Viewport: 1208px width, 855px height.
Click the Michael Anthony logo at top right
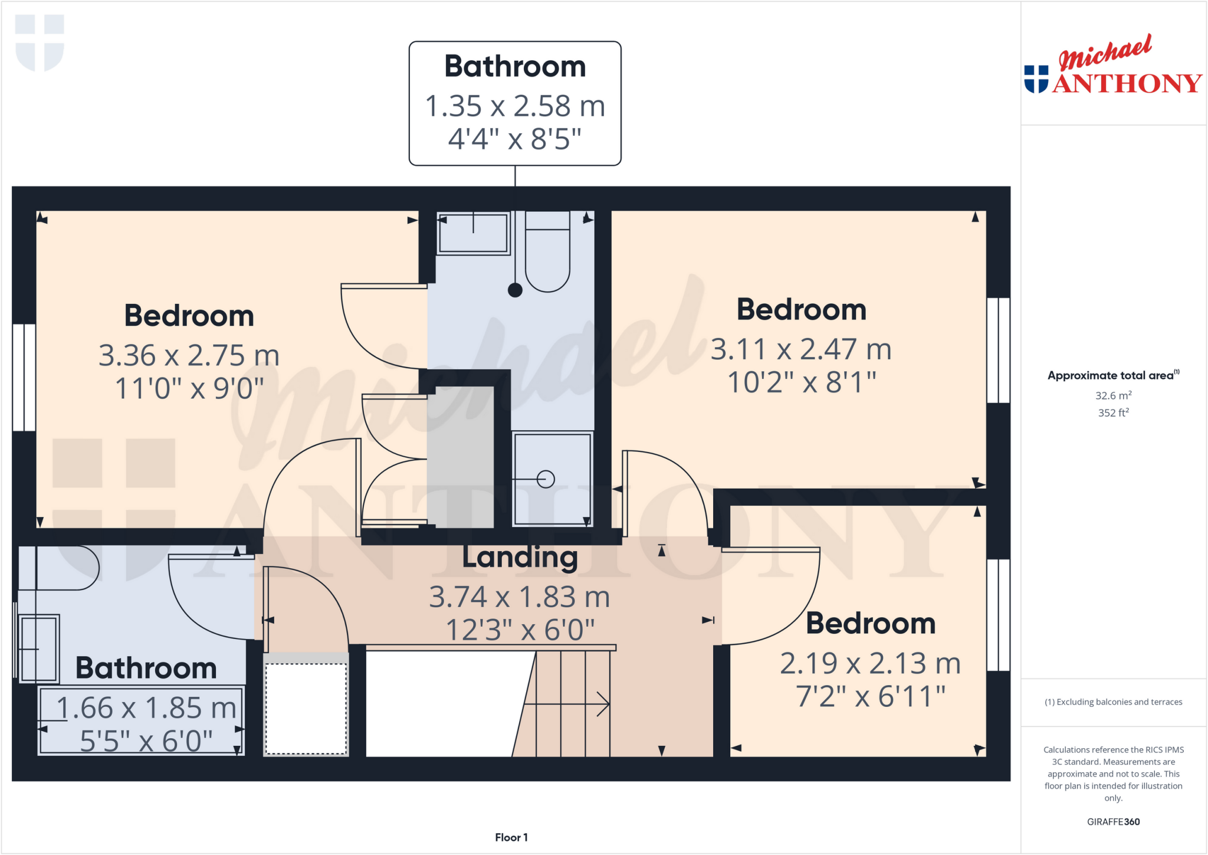pyautogui.click(x=1112, y=66)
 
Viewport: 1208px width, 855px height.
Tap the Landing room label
pyautogui.click(x=520, y=558)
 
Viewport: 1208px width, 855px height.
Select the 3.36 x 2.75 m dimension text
pyautogui.click(x=189, y=355)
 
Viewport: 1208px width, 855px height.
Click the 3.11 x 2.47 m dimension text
pyautogui.click(x=801, y=349)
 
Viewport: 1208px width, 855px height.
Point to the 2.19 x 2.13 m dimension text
pyautogui.click(x=870, y=663)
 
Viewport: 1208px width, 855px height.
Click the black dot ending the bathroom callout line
pyautogui.click(x=515, y=290)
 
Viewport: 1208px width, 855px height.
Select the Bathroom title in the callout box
pyautogui.click(x=515, y=66)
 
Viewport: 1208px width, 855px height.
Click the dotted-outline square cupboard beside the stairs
pyautogui.click(x=306, y=708)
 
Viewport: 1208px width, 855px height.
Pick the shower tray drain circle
pyautogui.click(x=546, y=479)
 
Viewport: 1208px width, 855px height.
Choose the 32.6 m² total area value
pyautogui.click(x=1113, y=395)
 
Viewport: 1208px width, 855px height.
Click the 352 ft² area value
pyautogui.click(x=1113, y=412)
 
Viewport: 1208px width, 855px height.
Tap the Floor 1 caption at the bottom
pyautogui.click(x=511, y=837)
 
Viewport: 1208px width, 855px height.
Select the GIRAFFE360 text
pyautogui.click(x=1113, y=821)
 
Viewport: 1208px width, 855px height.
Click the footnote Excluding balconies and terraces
pyautogui.click(x=1113, y=702)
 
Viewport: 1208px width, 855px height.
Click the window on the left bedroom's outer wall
pyautogui.click(x=24, y=377)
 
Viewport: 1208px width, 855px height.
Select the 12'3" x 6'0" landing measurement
pyautogui.click(x=520, y=630)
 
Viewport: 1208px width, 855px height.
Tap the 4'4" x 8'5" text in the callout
pyautogui.click(x=515, y=139)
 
